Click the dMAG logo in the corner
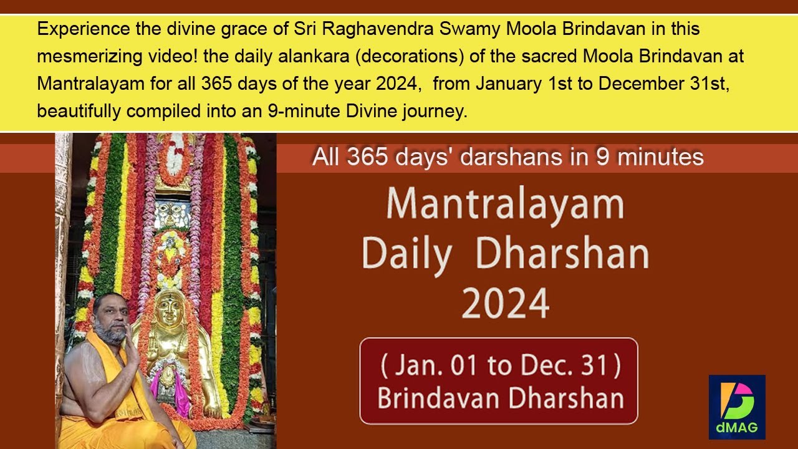(x=737, y=407)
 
